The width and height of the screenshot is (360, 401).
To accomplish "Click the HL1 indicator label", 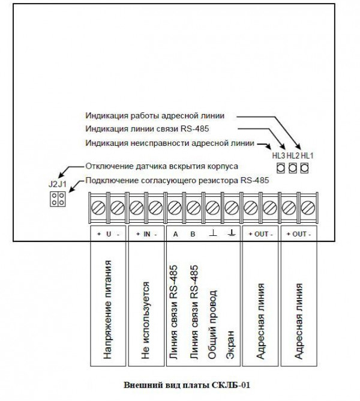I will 307,155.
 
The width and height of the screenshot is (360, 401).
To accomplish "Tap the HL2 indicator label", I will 293,155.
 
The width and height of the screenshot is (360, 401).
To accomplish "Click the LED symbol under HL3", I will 280,168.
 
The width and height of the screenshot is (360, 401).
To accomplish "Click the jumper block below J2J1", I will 57,199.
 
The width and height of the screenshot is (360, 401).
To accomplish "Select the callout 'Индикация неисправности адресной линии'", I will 170,143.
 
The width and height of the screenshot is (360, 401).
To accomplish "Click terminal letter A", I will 175,234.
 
